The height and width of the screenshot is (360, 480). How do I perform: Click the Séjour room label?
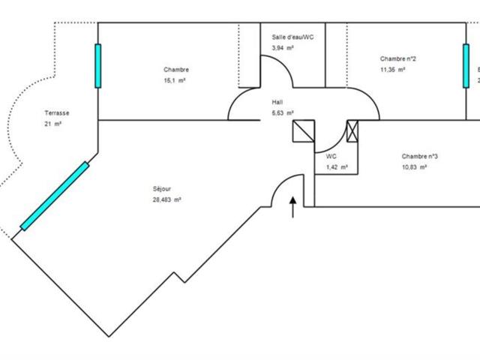pyautogui.click(x=162, y=190)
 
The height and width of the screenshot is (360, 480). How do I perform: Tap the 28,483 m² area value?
pyautogui.click(x=167, y=199)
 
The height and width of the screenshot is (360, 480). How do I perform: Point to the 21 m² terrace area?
pyautogui.click(x=52, y=124)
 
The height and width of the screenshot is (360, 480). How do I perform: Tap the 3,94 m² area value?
pyautogui.click(x=283, y=47)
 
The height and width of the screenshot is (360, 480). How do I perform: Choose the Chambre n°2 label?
pyautogui.click(x=398, y=58)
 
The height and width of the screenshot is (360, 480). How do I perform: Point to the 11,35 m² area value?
pyautogui.click(x=392, y=69)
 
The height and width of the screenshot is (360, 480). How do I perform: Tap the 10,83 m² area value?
pyautogui.click(x=414, y=167)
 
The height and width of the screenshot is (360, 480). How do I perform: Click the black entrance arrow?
pyautogui.click(x=293, y=206)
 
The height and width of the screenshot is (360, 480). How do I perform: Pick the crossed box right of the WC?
pyautogui.click(x=353, y=130)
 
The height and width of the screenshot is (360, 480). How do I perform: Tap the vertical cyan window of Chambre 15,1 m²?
pyautogui.click(x=97, y=66)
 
